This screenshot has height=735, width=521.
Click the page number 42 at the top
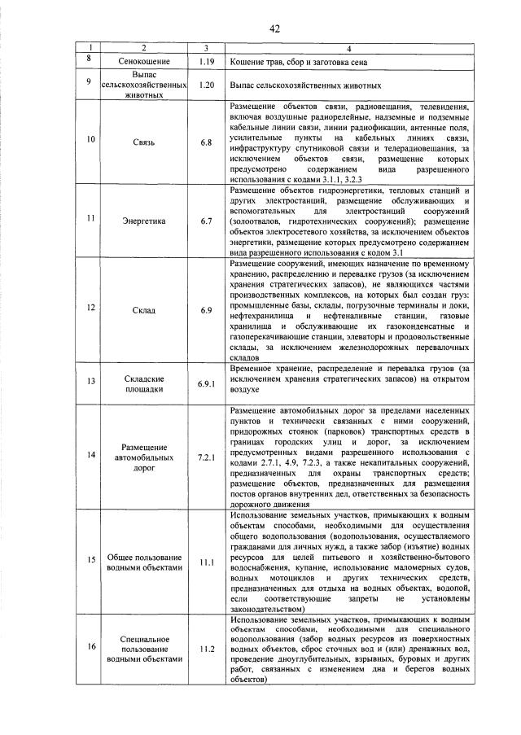pos(274,28)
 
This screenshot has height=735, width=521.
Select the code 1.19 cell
pos(207,62)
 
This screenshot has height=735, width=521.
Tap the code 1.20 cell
pos(207,85)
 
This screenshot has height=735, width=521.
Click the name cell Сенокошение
pos(143,62)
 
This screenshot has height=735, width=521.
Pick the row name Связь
pos(143,142)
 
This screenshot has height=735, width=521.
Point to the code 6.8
pos(207,142)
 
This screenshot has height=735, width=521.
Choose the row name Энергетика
pos(143,220)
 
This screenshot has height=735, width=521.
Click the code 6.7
pos(207,220)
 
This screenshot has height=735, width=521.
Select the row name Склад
pos(143,309)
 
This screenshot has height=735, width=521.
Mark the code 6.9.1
pos(207,382)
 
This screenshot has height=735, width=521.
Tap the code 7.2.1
pos(207,457)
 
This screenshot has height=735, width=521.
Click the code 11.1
pos(207,562)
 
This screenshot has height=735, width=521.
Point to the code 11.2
pos(207,648)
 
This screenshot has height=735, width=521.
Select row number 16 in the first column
pos(90,648)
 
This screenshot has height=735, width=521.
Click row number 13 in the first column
pos(90,382)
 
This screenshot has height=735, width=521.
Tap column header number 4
pos(348,48)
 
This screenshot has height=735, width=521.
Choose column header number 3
pos(207,48)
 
